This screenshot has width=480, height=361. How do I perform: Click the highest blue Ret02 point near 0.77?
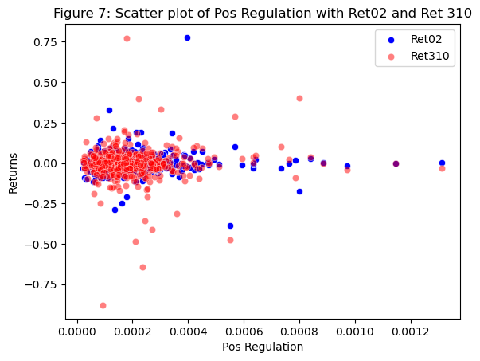[187, 37]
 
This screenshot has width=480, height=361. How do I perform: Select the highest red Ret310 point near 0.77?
[127, 38]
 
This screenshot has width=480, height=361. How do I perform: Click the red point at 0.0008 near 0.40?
[299, 98]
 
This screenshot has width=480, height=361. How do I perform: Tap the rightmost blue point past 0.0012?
[442, 163]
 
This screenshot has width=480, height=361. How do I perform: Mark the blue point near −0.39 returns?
[230, 226]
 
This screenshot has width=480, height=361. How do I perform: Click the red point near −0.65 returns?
[142, 267]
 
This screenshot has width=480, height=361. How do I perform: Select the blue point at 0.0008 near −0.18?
[299, 191]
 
